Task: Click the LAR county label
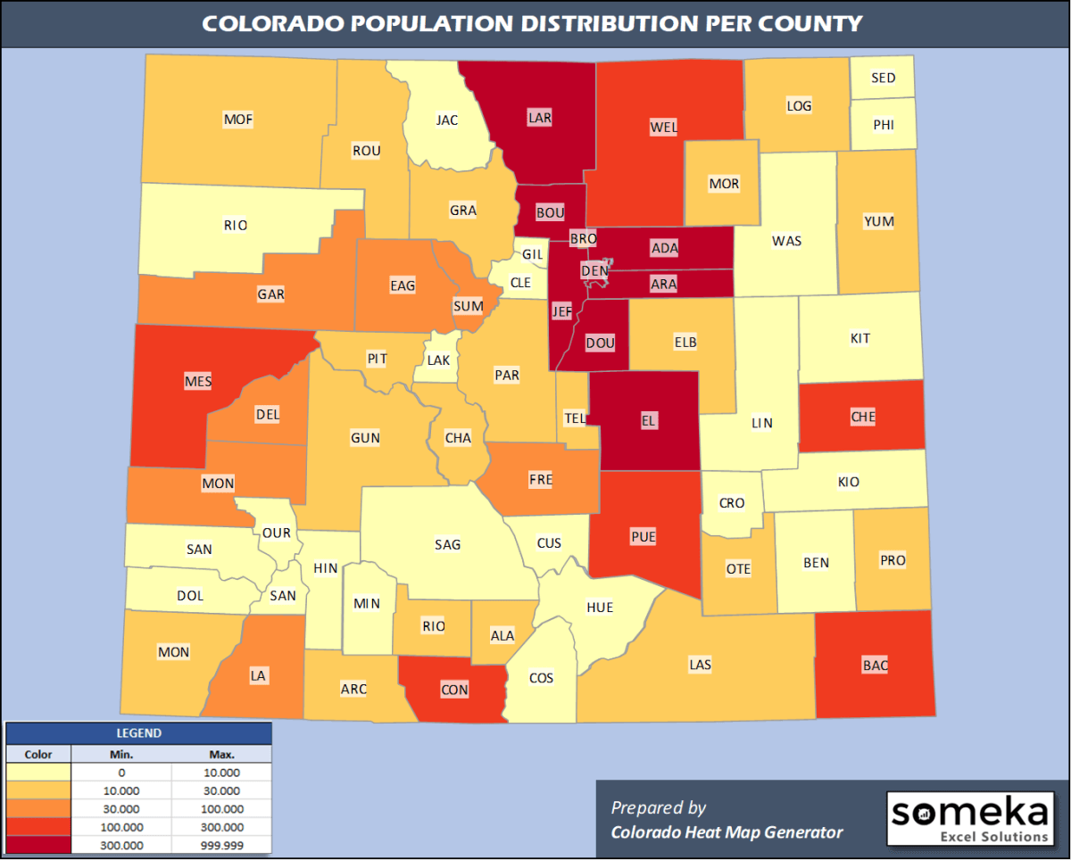(540, 117)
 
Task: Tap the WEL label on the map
(664, 127)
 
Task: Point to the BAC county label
(875, 665)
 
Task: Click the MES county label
(198, 381)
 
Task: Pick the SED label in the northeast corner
(883, 78)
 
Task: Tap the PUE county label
(643, 536)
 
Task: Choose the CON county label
(454, 689)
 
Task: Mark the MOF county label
(238, 118)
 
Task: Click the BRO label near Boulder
(583, 239)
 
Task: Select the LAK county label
(438, 360)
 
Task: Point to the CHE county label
(863, 417)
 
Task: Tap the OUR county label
(277, 533)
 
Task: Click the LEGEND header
(138, 733)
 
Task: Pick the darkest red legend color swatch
(38, 844)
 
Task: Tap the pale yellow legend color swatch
(38, 773)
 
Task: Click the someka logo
(969, 818)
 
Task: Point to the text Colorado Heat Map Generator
(726, 832)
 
